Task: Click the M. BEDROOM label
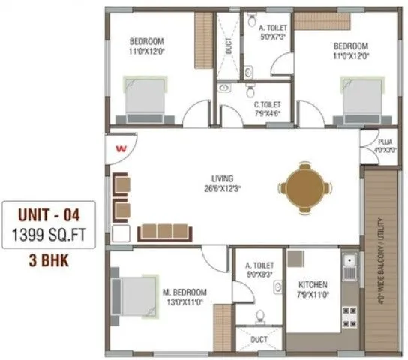pyautogui.click(x=187, y=292)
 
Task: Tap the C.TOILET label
pyautogui.click(x=268, y=105)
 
